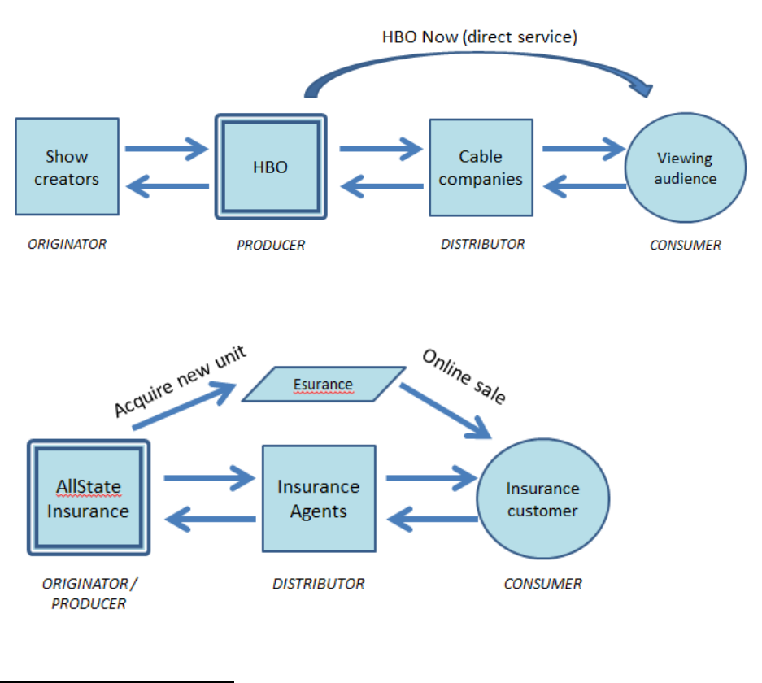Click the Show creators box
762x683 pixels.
pyautogui.click(x=67, y=167)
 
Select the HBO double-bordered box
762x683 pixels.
pyautogui.click(x=271, y=167)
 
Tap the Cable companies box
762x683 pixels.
pyautogui.click(x=481, y=167)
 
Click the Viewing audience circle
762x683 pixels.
pyautogui.click(x=685, y=169)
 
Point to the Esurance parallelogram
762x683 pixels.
pyautogui.click(x=323, y=385)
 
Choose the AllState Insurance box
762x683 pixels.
pyautogui.click(x=88, y=499)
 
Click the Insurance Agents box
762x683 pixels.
pyautogui.click(x=318, y=498)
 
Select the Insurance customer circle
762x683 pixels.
pyautogui.click(x=542, y=499)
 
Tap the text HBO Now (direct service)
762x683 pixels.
pyautogui.click(x=480, y=37)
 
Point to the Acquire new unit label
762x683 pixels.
pyautogui.click(x=180, y=381)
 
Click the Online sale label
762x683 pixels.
pyautogui.click(x=464, y=376)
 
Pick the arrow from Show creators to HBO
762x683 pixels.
pyautogui.click(x=168, y=148)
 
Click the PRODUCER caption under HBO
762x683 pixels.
pyautogui.click(x=271, y=245)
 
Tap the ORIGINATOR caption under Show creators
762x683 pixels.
pyautogui.click(x=67, y=244)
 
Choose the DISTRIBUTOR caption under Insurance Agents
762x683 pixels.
pyautogui.click(x=318, y=583)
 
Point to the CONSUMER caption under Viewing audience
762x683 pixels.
pyautogui.click(x=685, y=245)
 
